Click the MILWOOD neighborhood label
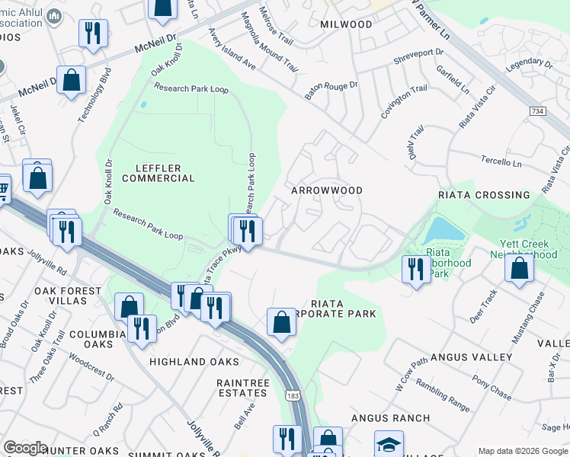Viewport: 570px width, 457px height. click(346, 24)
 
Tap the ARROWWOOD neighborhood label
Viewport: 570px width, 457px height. click(327, 190)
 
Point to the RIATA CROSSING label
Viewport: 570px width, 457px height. click(484, 195)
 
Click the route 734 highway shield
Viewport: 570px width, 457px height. click(538, 111)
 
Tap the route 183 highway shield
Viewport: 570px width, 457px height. click(293, 395)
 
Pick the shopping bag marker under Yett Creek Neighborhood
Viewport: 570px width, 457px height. click(519, 269)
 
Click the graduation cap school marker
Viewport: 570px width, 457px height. click(388, 444)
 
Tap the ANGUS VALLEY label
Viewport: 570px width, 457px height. click(471, 356)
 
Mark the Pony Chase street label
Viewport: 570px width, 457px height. click(492, 391)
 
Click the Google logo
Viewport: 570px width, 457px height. click(25, 448)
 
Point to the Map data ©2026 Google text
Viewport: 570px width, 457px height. click(522, 451)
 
